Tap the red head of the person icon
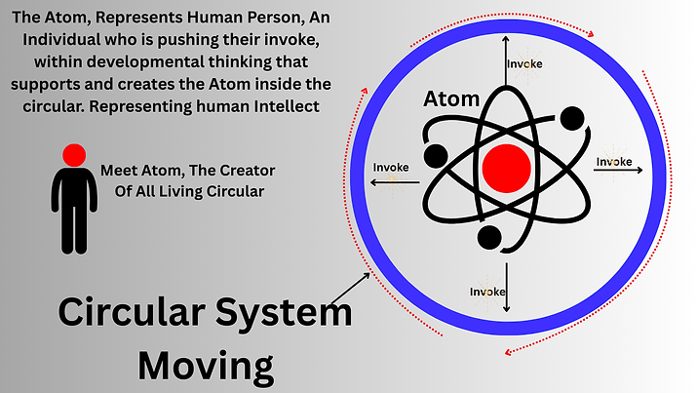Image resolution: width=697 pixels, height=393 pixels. (x=72, y=153)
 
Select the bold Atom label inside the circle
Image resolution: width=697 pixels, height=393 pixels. (x=450, y=100)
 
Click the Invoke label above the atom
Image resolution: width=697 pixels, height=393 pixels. (x=524, y=64)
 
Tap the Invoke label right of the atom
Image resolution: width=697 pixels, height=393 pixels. (x=614, y=161)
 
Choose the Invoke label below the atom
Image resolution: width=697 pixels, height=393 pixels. (x=487, y=291)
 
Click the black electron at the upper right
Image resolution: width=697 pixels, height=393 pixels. (x=573, y=120)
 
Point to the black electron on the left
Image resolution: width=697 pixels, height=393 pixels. (x=435, y=156)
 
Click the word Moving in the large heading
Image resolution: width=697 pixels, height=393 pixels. (x=206, y=366)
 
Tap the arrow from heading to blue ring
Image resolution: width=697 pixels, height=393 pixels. (x=350, y=287)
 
